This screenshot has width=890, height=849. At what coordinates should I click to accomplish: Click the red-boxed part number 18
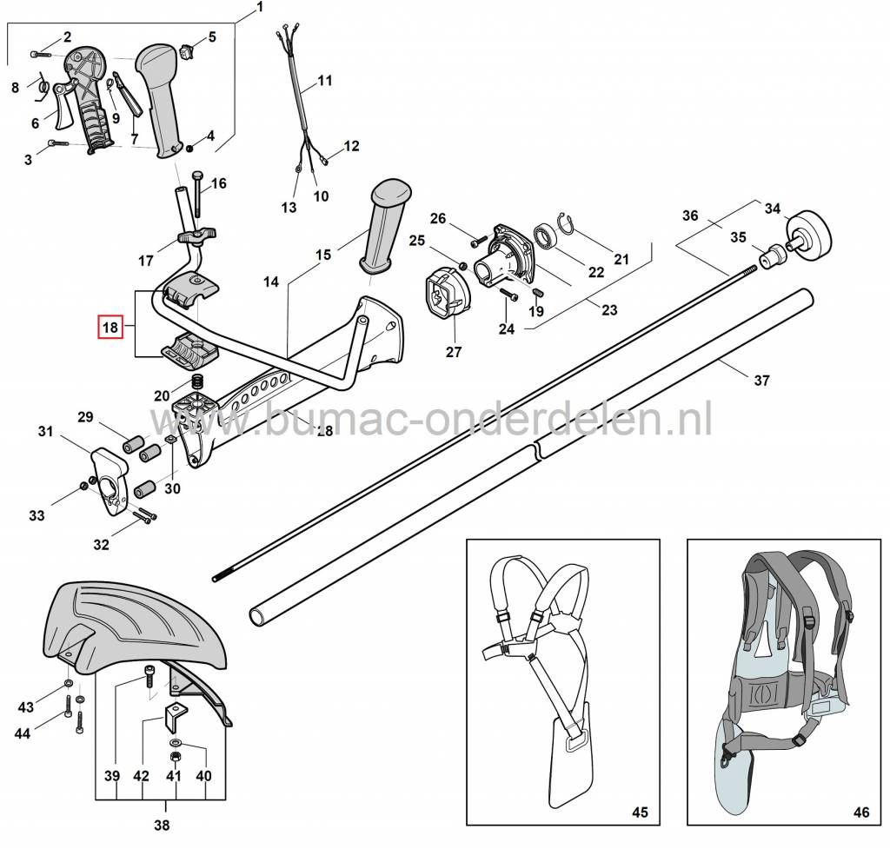pos(110,327)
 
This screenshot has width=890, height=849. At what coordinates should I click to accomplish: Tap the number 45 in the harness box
pos(639,813)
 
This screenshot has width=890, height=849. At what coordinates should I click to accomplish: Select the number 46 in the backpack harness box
pos(860,813)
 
